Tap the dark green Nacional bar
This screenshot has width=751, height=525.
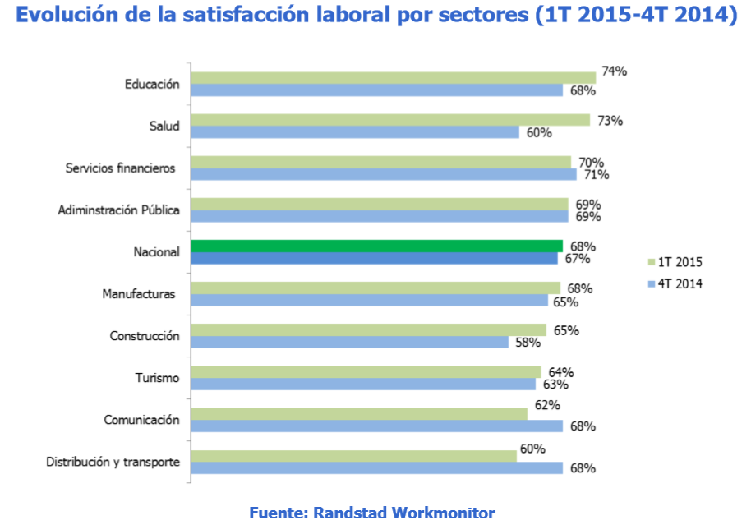376,246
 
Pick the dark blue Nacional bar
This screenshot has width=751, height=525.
374,258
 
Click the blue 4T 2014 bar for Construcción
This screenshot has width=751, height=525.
349,342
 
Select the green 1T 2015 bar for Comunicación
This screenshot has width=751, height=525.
358,413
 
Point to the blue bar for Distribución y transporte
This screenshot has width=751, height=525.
376,467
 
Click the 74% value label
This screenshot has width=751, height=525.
614,71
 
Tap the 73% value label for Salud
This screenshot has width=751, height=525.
609,121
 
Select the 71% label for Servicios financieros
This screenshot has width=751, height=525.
595,175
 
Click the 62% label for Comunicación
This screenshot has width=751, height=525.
546,405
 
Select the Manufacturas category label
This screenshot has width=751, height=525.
139,293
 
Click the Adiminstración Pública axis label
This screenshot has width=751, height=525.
118,210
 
